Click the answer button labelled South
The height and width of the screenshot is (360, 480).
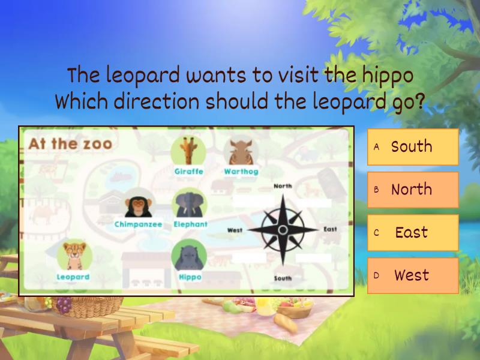click(413, 146)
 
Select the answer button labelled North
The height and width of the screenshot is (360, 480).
click(413, 190)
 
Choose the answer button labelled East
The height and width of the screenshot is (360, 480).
click(413, 233)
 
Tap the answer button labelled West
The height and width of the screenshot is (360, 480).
click(413, 276)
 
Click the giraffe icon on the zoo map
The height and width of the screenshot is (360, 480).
click(188, 151)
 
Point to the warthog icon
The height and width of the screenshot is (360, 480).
click(241, 151)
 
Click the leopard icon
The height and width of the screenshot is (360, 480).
click(74, 256)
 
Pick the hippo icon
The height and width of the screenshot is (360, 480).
click(189, 256)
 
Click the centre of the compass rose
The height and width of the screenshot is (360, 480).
click(283, 230)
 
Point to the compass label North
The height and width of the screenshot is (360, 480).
click(283, 186)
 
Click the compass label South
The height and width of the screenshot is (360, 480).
click(283, 278)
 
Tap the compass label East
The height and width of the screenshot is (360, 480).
click(330, 229)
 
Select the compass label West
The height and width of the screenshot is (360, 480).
click(235, 230)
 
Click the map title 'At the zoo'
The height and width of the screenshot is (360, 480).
click(70, 143)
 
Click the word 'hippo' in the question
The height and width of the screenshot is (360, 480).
click(388, 76)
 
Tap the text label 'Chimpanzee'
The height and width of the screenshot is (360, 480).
click(138, 224)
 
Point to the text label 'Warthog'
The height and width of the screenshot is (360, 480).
click(241, 172)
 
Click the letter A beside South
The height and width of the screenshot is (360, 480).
click(377, 146)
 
